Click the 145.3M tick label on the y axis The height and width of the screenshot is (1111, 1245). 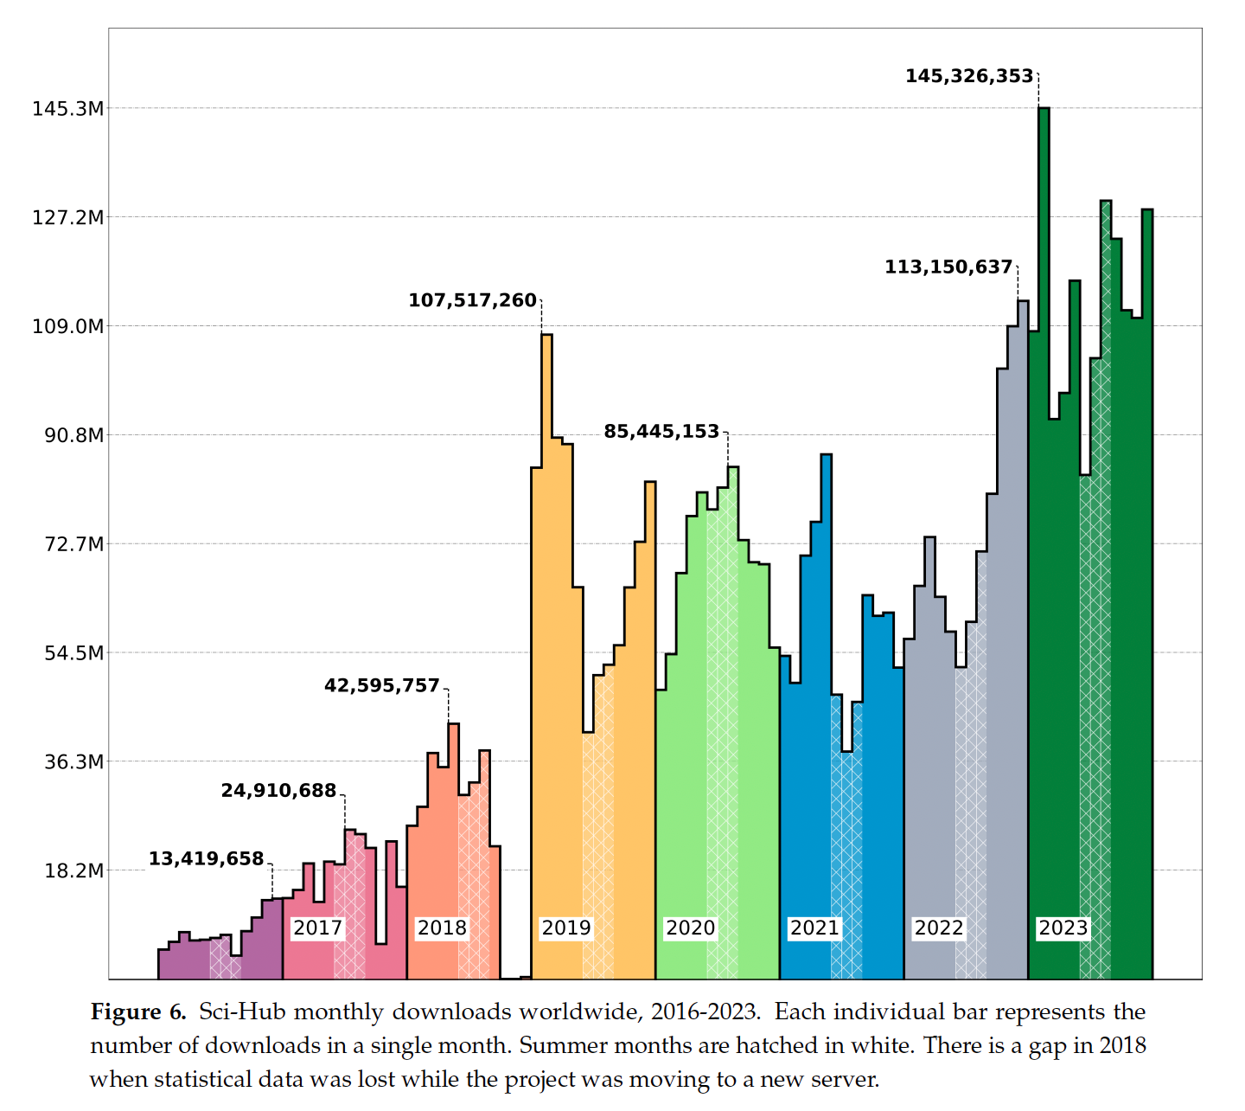point(68,109)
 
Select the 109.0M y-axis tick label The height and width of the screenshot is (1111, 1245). point(68,327)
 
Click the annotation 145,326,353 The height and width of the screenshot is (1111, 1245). point(969,76)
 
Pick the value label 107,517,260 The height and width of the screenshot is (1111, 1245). point(472,300)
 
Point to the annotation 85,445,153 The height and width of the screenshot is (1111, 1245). point(661,431)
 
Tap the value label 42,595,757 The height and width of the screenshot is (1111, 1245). point(382,686)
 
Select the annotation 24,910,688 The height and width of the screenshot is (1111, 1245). point(278,791)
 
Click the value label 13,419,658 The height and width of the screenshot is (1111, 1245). point(206,859)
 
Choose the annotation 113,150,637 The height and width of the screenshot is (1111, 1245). point(948,267)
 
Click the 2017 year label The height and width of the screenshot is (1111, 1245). point(317,928)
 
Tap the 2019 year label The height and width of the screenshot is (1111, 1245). point(566,928)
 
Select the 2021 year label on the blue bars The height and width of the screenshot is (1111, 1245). point(814,928)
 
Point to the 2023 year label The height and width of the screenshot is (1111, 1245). point(1063,928)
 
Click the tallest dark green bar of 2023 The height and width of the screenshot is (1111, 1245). point(1044,519)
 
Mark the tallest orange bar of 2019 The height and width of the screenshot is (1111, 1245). point(546,606)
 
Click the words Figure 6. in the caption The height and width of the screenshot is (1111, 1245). point(138,1012)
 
